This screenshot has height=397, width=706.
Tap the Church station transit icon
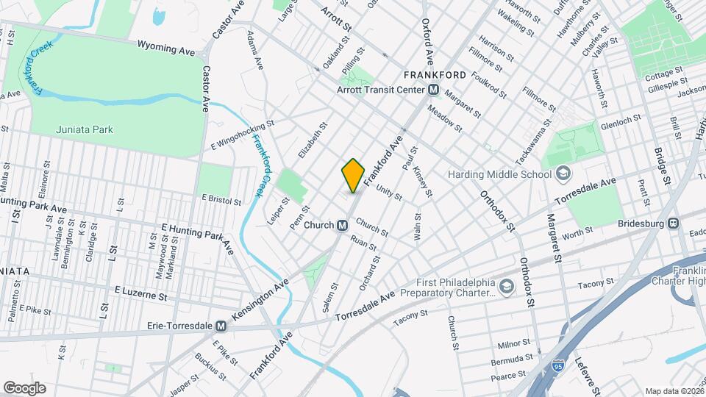pos(342,225)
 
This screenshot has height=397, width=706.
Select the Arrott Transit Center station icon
pos(433,90)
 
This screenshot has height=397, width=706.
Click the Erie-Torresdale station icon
pos(221,326)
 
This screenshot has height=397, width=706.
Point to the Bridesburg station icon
pos(672,223)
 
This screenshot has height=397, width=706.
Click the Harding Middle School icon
pos(564,174)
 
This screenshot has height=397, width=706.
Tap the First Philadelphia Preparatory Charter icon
pos(507,286)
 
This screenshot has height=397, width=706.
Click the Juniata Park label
pos(85,129)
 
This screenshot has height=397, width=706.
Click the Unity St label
pos(389,193)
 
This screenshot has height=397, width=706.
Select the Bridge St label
pos(663,165)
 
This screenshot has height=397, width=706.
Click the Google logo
pos(24,388)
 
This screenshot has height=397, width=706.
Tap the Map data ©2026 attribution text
pos(674,390)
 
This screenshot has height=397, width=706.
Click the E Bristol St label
pos(221,199)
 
